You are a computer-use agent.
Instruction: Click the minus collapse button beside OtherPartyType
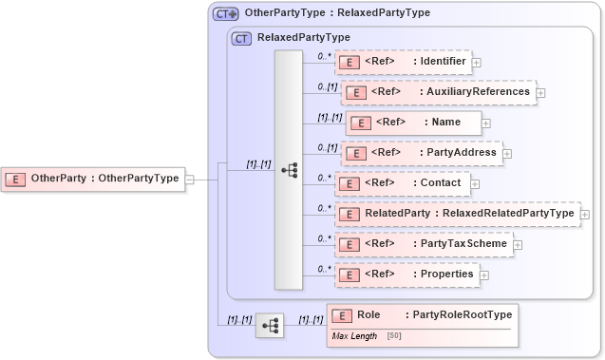click(190, 178)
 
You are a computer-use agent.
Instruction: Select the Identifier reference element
click(403, 62)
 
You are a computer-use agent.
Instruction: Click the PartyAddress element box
click(421, 152)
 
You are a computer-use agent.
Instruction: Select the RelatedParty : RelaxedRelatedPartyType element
click(457, 214)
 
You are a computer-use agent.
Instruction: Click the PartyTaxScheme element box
click(423, 244)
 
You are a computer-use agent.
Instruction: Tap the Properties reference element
click(406, 275)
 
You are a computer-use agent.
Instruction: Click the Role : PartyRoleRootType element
click(423, 314)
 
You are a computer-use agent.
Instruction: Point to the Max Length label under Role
click(354, 336)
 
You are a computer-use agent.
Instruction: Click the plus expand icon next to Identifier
click(477, 63)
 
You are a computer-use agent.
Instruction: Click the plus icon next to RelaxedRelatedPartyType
click(585, 215)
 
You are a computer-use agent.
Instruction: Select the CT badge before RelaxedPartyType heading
click(241, 38)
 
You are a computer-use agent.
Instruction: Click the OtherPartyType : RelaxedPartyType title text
click(337, 13)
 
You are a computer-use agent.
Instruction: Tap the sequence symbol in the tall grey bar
click(289, 170)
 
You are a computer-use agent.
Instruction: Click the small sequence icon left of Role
click(271, 325)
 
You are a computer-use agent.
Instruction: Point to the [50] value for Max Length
click(393, 336)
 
